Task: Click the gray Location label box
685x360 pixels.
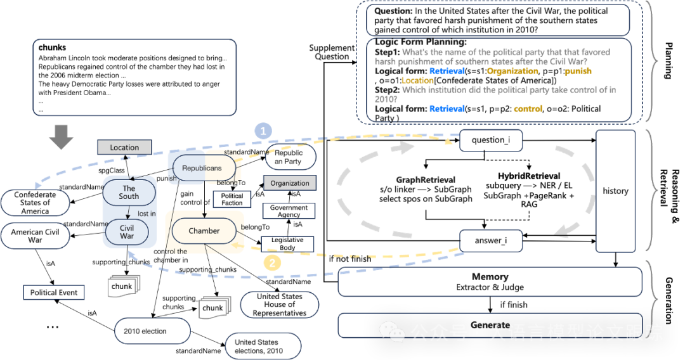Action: (124, 147)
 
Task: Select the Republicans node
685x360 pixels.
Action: (202, 168)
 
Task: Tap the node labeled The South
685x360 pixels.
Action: (129, 192)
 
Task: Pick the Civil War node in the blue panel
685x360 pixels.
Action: (127, 232)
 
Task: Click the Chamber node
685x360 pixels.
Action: (204, 231)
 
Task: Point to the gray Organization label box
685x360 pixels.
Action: (290, 183)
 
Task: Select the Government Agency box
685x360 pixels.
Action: (289, 211)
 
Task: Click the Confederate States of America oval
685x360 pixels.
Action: (36, 203)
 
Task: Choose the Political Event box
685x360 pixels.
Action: (54, 292)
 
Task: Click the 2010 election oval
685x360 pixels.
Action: (152, 331)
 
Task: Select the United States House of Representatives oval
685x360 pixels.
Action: (280, 305)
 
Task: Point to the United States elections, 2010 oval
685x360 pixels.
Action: (263, 346)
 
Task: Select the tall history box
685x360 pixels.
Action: (615, 191)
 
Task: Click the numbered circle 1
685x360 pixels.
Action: (263, 131)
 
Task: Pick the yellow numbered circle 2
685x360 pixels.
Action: (271, 262)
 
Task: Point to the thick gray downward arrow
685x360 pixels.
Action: (61, 137)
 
